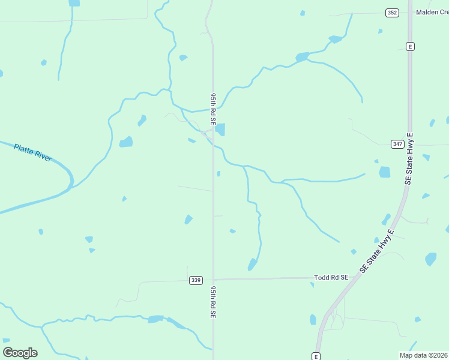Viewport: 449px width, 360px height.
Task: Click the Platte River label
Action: pos(33,152)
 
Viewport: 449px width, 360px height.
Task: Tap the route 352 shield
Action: pos(392,13)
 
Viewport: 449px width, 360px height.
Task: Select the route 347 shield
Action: pos(397,144)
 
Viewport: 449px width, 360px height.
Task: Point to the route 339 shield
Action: pos(195,280)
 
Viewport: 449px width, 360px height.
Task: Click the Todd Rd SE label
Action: pos(331,278)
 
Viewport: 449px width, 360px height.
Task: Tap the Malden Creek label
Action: pos(433,12)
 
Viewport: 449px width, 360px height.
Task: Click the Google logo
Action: pos(20,352)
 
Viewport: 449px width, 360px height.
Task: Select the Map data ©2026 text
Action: pos(423,355)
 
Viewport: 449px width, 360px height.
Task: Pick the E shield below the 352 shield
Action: pos(411,46)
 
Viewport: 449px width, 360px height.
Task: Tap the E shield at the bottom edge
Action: pos(316,356)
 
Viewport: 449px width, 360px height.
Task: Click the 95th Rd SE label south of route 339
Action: pos(212,302)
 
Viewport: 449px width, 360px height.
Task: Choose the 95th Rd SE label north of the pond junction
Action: pos(212,109)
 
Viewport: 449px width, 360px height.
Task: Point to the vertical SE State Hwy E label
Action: pos(410,158)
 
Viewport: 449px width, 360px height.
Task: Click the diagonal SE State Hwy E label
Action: pos(377,251)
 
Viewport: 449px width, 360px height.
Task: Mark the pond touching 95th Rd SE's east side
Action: pos(220,130)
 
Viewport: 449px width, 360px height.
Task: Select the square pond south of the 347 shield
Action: pos(384,172)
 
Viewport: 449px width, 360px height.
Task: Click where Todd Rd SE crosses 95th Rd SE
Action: pos(213,279)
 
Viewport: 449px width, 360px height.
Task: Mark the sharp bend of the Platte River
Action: pos(70,180)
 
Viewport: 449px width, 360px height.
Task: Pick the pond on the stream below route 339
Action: pos(155,319)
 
